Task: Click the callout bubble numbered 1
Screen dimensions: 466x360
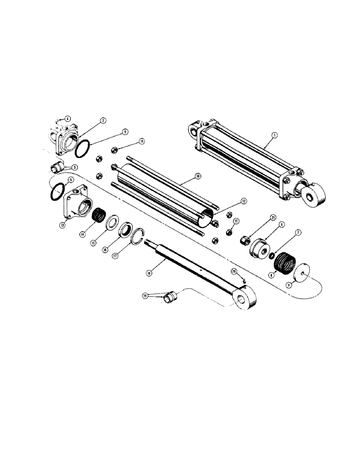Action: pos(275,135)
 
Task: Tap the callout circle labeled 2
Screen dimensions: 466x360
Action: pos(103,120)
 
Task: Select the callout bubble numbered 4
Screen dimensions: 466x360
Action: pos(67,118)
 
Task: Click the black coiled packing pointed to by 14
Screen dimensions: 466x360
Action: pos(98,216)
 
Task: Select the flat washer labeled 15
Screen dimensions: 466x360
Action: pos(112,223)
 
